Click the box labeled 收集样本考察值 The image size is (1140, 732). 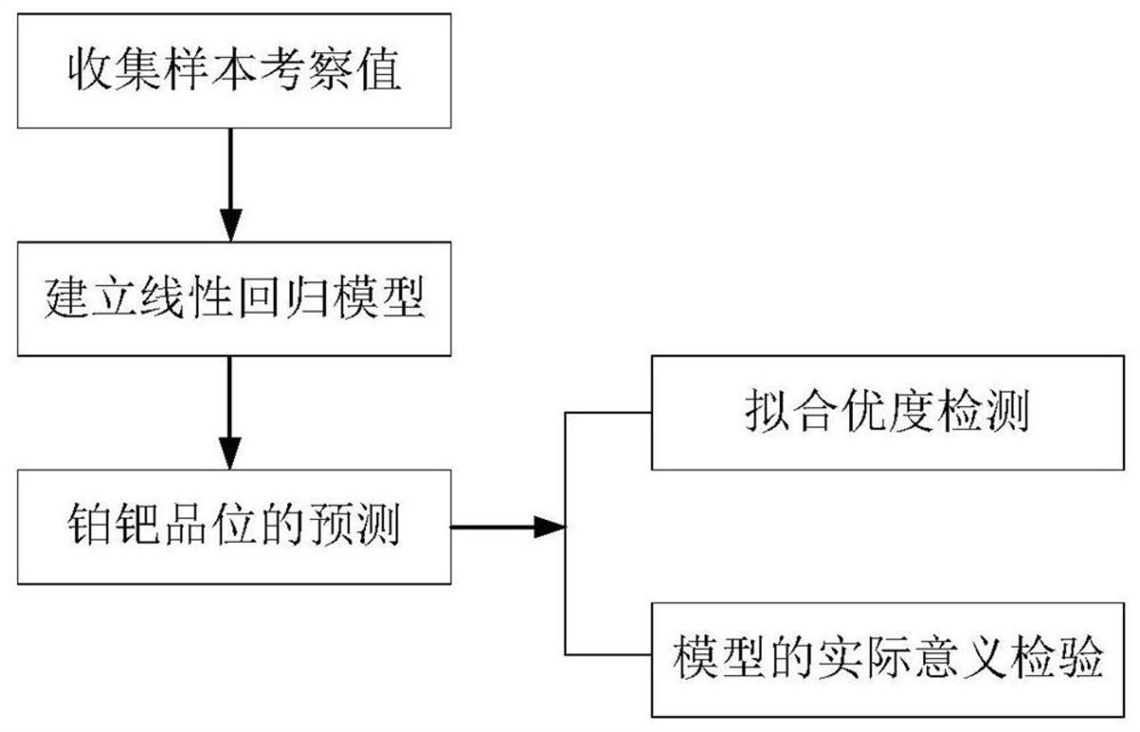click(234, 72)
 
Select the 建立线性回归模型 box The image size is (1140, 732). click(234, 300)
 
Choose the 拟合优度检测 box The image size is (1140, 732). click(886, 413)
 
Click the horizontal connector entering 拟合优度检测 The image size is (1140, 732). click(609, 413)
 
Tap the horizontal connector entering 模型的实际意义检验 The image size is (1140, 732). click(609, 655)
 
